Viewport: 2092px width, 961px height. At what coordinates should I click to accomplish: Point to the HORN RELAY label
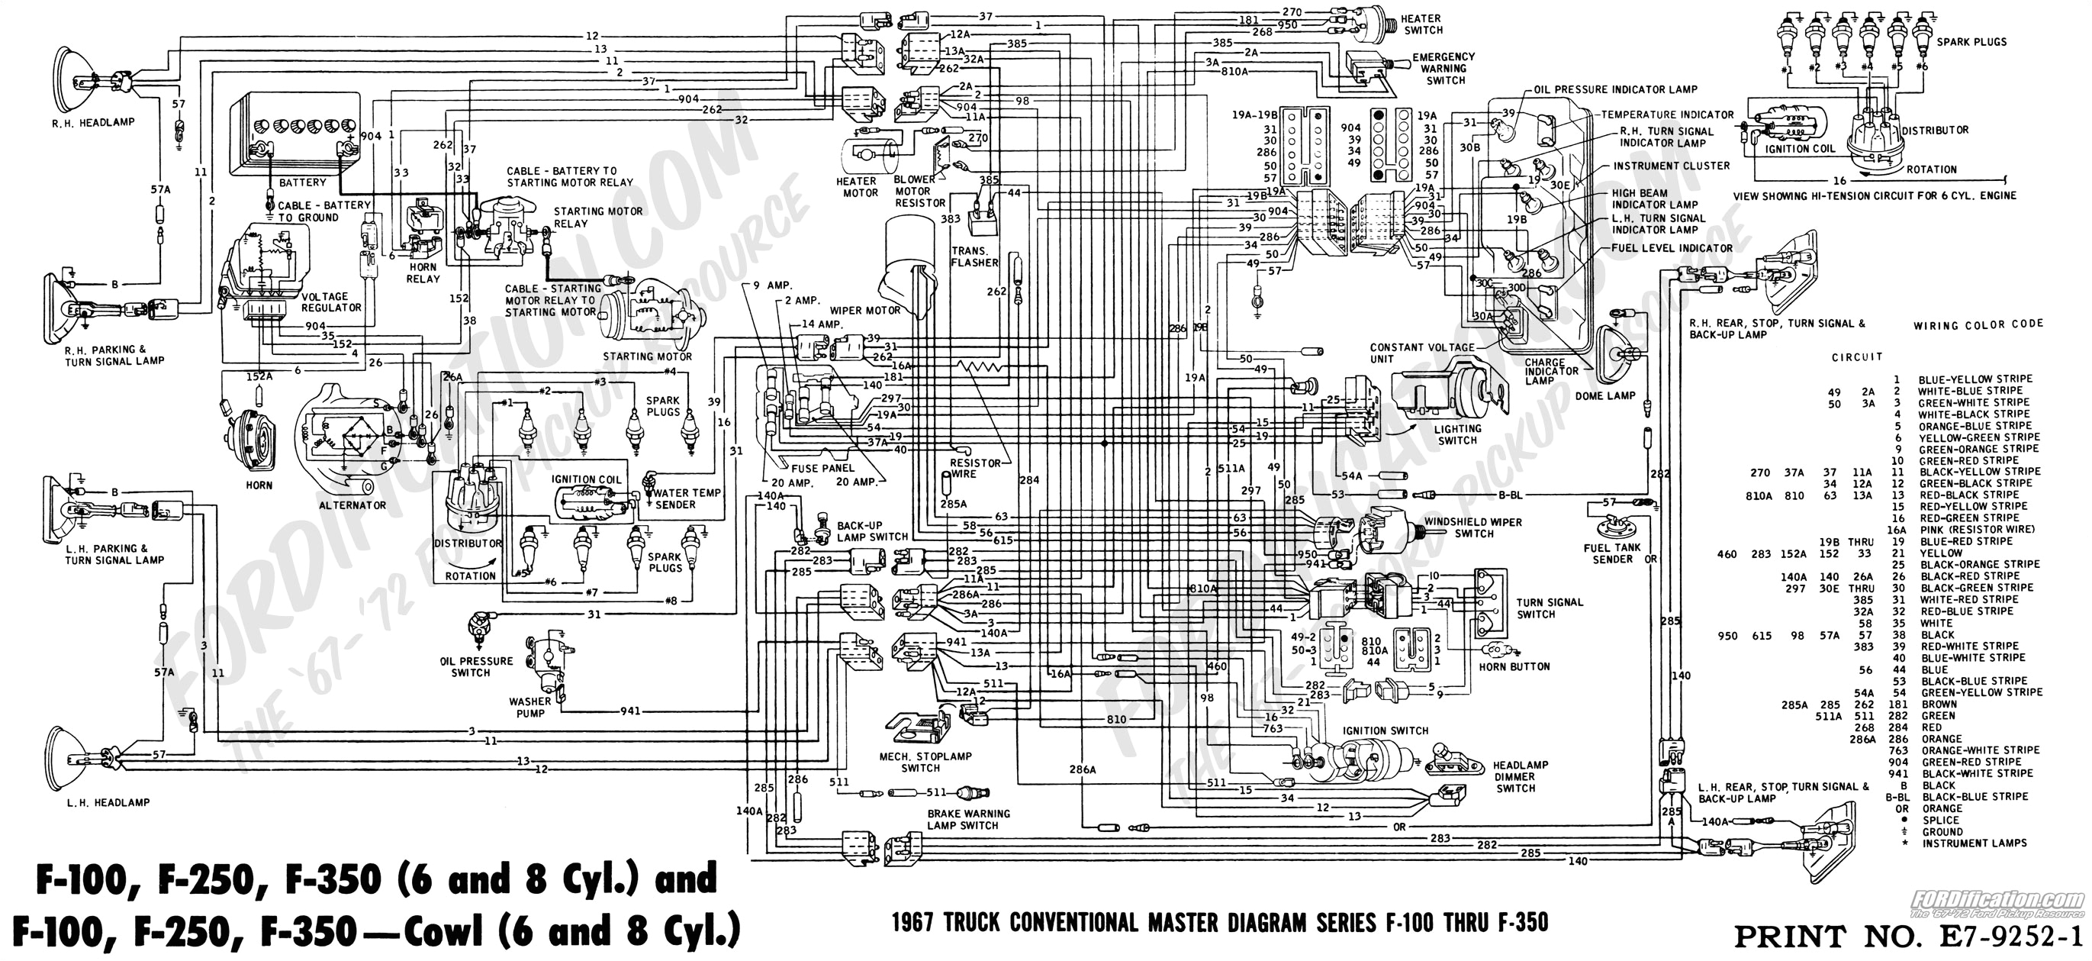pyautogui.click(x=423, y=273)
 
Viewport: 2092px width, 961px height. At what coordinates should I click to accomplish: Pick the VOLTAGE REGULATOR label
pyautogui.click(x=330, y=302)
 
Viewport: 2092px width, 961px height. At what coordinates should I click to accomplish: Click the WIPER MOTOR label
pyautogui.click(x=865, y=311)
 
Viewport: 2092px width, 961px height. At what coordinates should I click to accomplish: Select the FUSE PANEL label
pyautogui.click(x=822, y=468)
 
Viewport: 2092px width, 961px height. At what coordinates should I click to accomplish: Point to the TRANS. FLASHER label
pyautogui.click(x=974, y=256)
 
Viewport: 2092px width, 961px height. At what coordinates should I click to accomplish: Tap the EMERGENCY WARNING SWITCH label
pyautogui.click(x=1443, y=68)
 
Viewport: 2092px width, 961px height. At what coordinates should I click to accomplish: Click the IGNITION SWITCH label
pyautogui.click(x=1385, y=730)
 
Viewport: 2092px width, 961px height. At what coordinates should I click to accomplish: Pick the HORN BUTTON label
pyautogui.click(x=1514, y=666)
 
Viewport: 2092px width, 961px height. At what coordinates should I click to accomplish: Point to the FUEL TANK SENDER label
pyautogui.click(x=1612, y=553)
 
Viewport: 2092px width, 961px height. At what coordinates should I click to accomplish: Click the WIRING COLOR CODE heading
pyautogui.click(x=1978, y=324)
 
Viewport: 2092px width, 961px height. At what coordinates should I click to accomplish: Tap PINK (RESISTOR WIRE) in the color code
pyautogui.click(x=1976, y=529)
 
